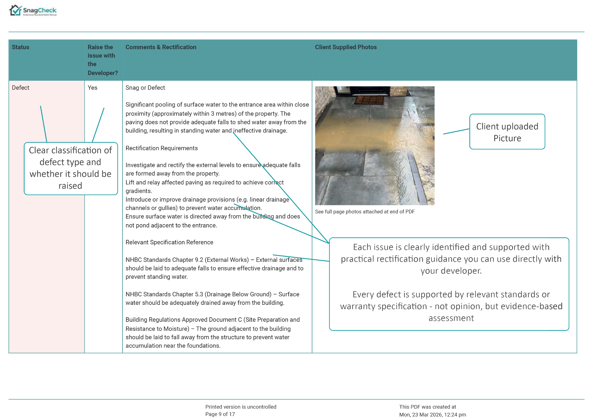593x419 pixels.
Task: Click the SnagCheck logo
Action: click(x=33, y=11)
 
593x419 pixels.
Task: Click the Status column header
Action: click(x=20, y=47)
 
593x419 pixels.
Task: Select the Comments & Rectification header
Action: click(x=161, y=47)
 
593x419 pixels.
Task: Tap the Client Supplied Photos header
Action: click(x=346, y=47)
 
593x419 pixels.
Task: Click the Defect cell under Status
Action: click(x=20, y=88)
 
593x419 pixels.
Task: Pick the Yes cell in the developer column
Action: click(x=93, y=88)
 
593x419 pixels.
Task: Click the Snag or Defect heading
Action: click(x=145, y=88)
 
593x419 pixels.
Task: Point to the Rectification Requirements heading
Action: click(x=162, y=148)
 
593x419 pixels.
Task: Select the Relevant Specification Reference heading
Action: click(x=169, y=242)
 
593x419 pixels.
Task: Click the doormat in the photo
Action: click(x=369, y=100)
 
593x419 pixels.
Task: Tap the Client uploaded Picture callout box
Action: click(x=507, y=132)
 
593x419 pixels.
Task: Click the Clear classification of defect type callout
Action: click(x=71, y=168)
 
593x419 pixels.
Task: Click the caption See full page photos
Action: click(x=365, y=212)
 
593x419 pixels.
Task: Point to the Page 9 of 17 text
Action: click(x=220, y=414)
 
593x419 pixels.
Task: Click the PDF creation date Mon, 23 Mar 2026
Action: click(x=432, y=415)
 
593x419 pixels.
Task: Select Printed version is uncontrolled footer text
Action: click(x=241, y=407)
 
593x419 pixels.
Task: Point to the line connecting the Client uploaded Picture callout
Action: click(x=456, y=132)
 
